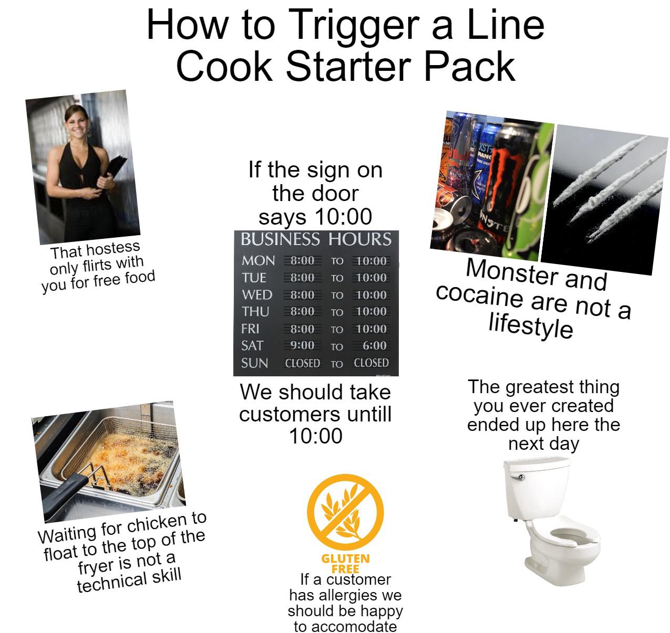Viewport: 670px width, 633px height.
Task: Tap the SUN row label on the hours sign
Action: [x=254, y=363]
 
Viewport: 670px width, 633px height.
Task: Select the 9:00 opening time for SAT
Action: [x=302, y=345]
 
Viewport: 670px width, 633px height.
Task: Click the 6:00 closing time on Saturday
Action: [x=374, y=345]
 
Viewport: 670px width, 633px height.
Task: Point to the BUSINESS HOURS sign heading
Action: [x=316, y=240]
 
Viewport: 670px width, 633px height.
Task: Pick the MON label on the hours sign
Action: [x=258, y=260]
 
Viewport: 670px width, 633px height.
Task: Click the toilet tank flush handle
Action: [x=519, y=477]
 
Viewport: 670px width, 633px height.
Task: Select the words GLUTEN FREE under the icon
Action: [x=345, y=563]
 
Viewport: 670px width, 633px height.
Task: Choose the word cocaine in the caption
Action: [x=480, y=297]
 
